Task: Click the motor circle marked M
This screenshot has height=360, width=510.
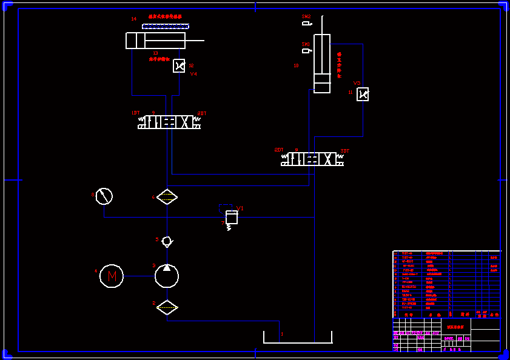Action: tap(112, 276)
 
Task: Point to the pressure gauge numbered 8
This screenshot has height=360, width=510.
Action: tap(104, 196)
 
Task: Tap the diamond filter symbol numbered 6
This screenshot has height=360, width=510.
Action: tap(167, 197)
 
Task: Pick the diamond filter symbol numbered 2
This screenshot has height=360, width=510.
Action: tap(167, 307)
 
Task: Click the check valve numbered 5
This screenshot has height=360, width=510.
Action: tap(167, 241)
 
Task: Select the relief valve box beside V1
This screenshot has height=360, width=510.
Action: tap(231, 217)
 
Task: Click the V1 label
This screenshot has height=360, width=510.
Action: tap(240, 208)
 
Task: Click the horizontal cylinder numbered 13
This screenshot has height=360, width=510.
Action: tap(155, 41)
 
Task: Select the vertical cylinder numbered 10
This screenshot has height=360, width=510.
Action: tap(322, 63)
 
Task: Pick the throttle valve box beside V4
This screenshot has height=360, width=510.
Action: tap(179, 65)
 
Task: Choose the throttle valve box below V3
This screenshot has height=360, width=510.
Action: tap(363, 94)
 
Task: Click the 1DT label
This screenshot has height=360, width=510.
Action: tap(136, 113)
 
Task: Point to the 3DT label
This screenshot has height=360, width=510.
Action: tap(344, 150)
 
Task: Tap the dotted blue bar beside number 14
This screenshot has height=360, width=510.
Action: tap(166, 27)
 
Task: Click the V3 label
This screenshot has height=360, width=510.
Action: tap(357, 83)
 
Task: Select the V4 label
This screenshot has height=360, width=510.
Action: tap(193, 74)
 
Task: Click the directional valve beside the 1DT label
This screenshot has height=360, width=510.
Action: tap(169, 122)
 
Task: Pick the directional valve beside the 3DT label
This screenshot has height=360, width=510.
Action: tap(312, 159)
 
